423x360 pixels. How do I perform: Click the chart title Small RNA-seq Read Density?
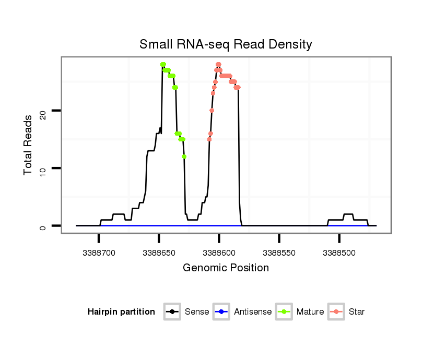[x=226, y=44]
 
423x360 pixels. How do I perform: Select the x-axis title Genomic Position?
[x=226, y=268]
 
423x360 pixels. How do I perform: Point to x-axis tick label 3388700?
[x=99, y=252]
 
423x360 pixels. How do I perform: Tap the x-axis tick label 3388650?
[x=159, y=252]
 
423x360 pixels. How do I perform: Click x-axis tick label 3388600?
[x=219, y=252]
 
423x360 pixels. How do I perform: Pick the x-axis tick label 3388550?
[x=279, y=252]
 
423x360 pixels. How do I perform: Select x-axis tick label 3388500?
[x=339, y=252]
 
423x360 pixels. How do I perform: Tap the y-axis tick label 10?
[x=43, y=168]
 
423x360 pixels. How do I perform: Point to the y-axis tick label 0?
[x=43, y=225]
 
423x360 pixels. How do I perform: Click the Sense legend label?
[x=197, y=312]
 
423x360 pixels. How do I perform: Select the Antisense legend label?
[x=253, y=312]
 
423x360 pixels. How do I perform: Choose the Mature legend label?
[x=310, y=312]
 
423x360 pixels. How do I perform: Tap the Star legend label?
[x=357, y=312]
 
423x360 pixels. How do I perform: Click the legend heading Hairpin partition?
[x=121, y=312]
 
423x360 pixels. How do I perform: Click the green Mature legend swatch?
[x=284, y=312]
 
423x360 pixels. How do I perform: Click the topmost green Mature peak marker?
[x=163, y=65]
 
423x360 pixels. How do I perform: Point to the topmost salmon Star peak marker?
[x=218, y=65]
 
